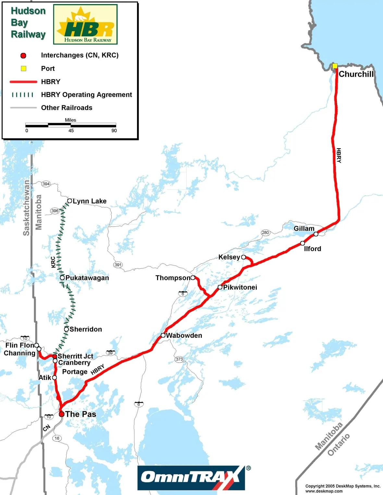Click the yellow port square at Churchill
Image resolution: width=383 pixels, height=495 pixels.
(335, 66)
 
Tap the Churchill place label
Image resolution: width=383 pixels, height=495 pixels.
(356, 74)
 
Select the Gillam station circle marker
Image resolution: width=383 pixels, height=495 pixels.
(316, 234)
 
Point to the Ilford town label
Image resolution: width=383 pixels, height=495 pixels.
(312, 249)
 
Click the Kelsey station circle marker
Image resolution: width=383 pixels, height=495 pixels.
(243, 257)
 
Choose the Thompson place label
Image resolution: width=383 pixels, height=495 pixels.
(173, 278)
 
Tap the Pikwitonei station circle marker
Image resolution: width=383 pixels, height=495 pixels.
(220, 287)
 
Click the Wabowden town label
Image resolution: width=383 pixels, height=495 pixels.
(184, 335)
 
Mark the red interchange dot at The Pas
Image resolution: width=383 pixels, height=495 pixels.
(62, 414)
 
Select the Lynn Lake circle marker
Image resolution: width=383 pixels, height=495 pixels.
(69, 201)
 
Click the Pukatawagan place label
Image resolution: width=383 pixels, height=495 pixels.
(87, 278)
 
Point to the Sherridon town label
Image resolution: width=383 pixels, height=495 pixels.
(86, 329)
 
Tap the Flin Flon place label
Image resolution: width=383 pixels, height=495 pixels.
(19, 345)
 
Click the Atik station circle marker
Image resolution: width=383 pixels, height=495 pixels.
(55, 377)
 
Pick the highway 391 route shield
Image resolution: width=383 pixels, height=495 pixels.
(118, 265)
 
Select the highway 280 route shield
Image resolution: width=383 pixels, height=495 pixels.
(266, 232)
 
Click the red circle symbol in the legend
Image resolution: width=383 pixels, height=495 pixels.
(23, 56)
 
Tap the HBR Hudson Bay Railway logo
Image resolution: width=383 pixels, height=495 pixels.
(85, 24)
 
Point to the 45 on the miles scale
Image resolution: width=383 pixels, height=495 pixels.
(71, 131)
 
